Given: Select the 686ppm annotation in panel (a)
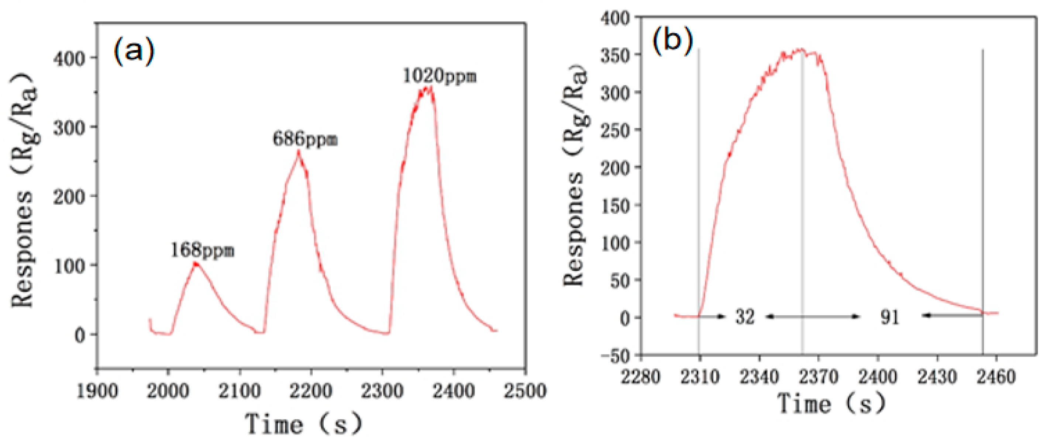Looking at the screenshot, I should point(305,140).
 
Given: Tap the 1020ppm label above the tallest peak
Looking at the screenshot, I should point(440,76).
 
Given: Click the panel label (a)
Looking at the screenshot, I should point(134,51).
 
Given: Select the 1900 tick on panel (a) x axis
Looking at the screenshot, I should point(97,391).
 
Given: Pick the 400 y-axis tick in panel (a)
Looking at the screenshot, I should point(69,58).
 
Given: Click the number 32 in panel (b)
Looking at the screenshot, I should point(745,317).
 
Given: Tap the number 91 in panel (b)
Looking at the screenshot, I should point(890,317).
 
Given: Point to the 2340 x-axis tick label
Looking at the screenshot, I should point(759,377).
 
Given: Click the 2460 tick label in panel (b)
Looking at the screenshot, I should point(996,377).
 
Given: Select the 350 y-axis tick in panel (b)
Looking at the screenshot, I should point(615,55).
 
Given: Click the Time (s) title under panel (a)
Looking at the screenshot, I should point(303,424).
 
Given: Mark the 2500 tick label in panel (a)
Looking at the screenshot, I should point(525,391).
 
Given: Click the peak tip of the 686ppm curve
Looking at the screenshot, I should point(298,152).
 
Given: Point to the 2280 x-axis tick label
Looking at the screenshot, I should point(641,377).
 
